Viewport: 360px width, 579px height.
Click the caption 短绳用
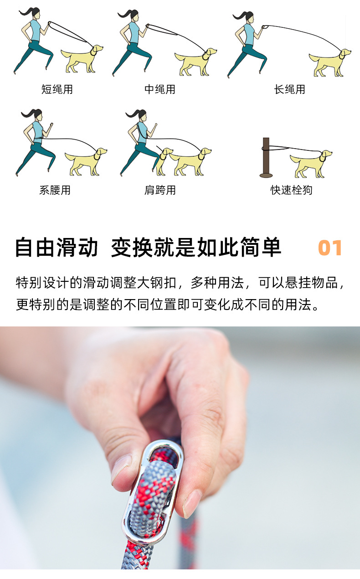pyautogui.click(x=57, y=89)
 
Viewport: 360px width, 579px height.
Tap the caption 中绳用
pyautogui.click(x=160, y=89)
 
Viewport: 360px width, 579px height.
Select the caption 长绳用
pyautogui.click(x=289, y=89)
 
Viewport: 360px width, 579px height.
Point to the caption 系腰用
pyautogui.click(x=55, y=190)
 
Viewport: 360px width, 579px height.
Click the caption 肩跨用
pyautogui.click(x=160, y=190)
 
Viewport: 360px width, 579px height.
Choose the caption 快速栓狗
pyautogui.click(x=292, y=190)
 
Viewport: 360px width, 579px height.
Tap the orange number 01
pyautogui.click(x=330, y=248)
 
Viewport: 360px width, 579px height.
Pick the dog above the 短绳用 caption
pyautogui.click(x=82, y=59)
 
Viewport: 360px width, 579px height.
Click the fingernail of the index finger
pyautogui.click(x=192, y=503)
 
